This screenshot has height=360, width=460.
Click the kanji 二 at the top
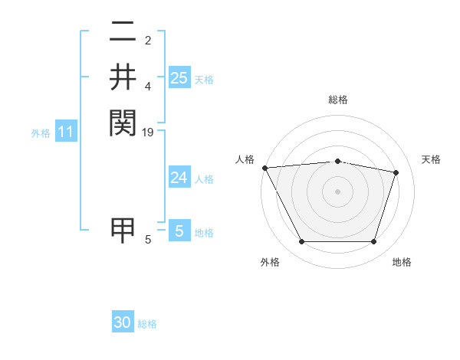tap(123, 33)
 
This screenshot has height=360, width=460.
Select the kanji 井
tap(123, 77)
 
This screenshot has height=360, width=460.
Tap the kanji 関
tap(123, 122)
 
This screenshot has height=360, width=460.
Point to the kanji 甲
tap(123, 231)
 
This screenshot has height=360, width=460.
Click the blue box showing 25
tap(179, 78)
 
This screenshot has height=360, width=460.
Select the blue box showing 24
tap(179, 178)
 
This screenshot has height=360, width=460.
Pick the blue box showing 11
tap(66, 133)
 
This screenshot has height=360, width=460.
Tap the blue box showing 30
tap(123, 322)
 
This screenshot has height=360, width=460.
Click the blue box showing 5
tap(179, 231)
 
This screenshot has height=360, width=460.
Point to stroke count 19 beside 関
tap(149, 132)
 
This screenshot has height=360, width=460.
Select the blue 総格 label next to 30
tap(148, 324)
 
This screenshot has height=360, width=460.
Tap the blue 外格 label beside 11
tap(41, 133)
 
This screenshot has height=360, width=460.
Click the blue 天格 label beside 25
tap(204, 80)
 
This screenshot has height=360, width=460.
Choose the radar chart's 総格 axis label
tap(338, 100)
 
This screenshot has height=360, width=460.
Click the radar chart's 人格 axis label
tap(245, 159)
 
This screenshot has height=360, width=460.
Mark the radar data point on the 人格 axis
tap(265, 168)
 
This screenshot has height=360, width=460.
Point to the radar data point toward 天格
tap(396, 172)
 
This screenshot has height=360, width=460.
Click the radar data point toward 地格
tap(373, 242)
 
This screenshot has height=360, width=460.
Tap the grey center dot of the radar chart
tap(338, 191)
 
